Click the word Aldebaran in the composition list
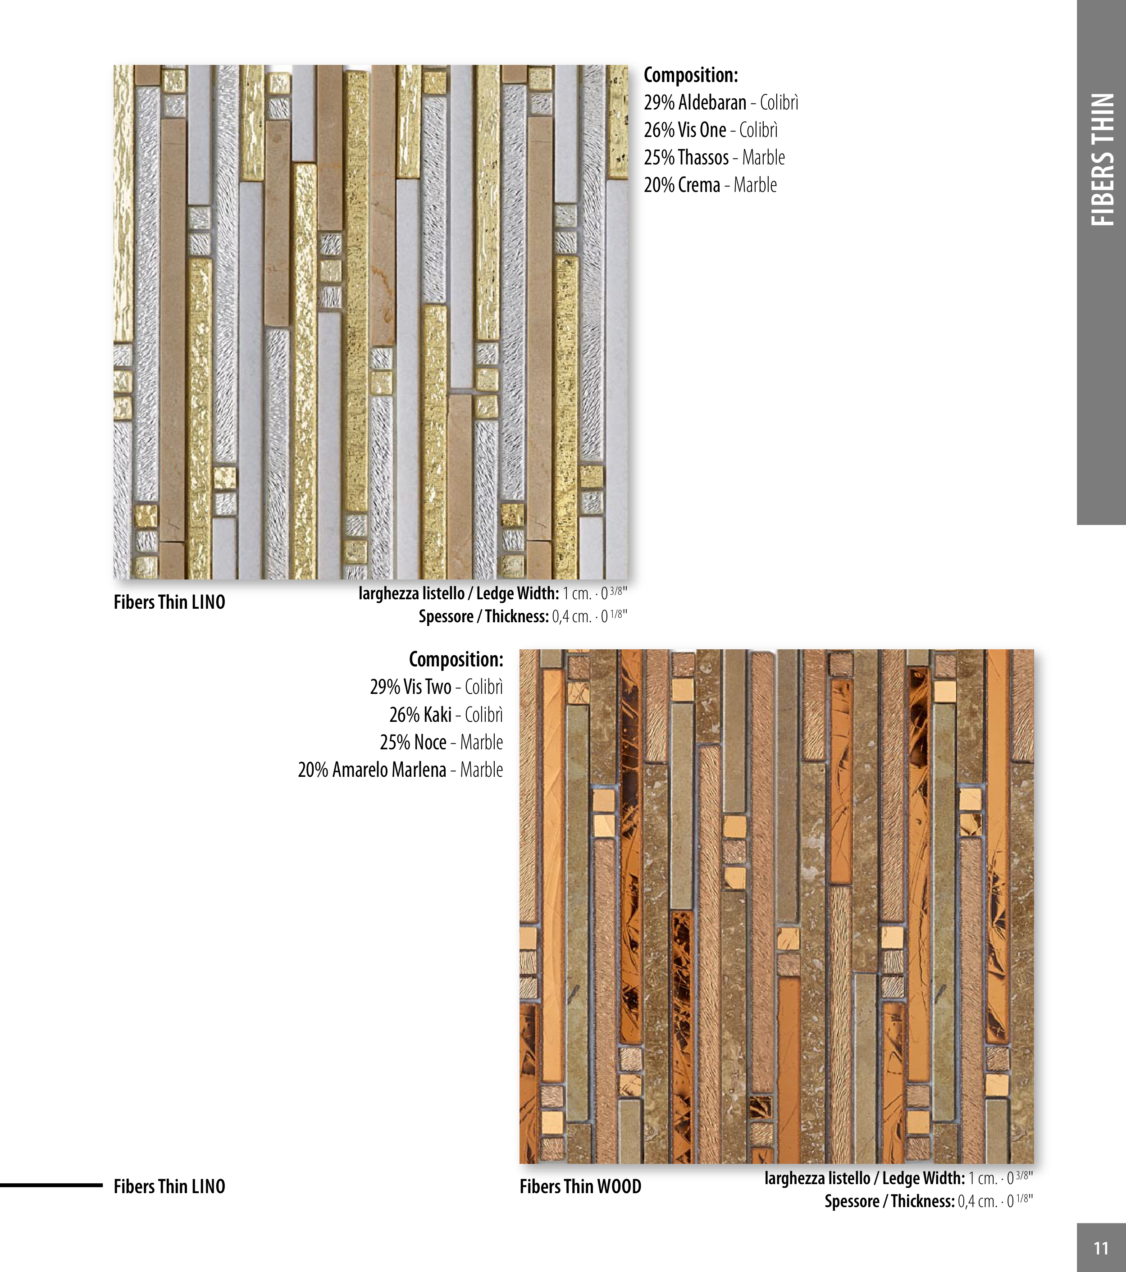[712, 102]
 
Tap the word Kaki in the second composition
[438, 715]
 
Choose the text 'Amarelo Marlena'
[389, 769]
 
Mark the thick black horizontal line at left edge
[51, 1185]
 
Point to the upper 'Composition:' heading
[691, 75]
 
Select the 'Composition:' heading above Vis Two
[456, 659]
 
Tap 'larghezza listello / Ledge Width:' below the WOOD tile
[865, 1178]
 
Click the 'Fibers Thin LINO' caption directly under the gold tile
[169, 602]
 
